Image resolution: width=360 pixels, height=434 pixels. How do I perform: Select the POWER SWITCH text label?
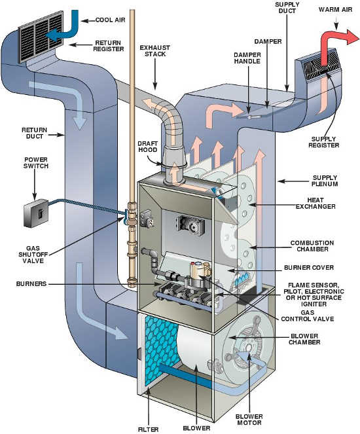37,162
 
